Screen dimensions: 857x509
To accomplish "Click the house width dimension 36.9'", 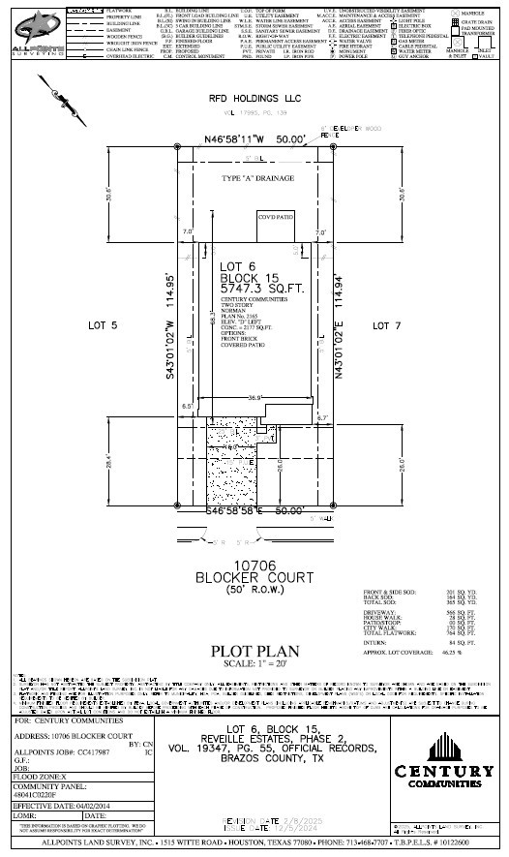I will (x=255, y=398).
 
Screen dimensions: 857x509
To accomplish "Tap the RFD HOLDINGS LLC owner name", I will (x=255, y=99).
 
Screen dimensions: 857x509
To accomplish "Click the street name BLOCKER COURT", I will (x=255, y=577).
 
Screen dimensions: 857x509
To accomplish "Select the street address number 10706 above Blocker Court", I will (x=255, y=565).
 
